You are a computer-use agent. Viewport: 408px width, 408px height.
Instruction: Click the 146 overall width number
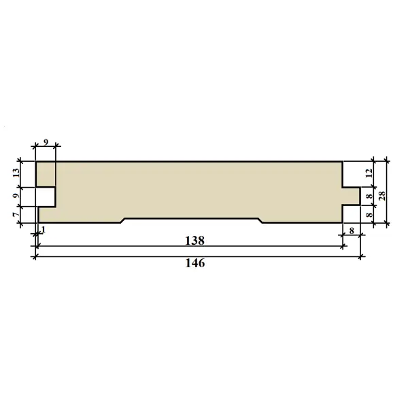click(195, 263)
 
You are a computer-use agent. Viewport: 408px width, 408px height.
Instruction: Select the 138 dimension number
click(195, 241)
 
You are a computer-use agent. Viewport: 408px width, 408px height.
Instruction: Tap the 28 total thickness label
click(382, 196)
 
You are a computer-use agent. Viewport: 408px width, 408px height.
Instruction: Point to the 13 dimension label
click(16, 173)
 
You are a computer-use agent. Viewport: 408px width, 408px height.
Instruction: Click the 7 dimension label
click(16, 214)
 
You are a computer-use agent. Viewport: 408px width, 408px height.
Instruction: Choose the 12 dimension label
click(369, 173)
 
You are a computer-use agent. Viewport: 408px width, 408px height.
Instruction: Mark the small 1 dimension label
click(44, 230)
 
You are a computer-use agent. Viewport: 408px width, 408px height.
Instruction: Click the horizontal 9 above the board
click(46, 142)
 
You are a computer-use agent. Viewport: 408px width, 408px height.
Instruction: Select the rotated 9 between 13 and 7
click(16, 196)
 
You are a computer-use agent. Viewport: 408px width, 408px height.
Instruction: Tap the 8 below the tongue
click(352, 231)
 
